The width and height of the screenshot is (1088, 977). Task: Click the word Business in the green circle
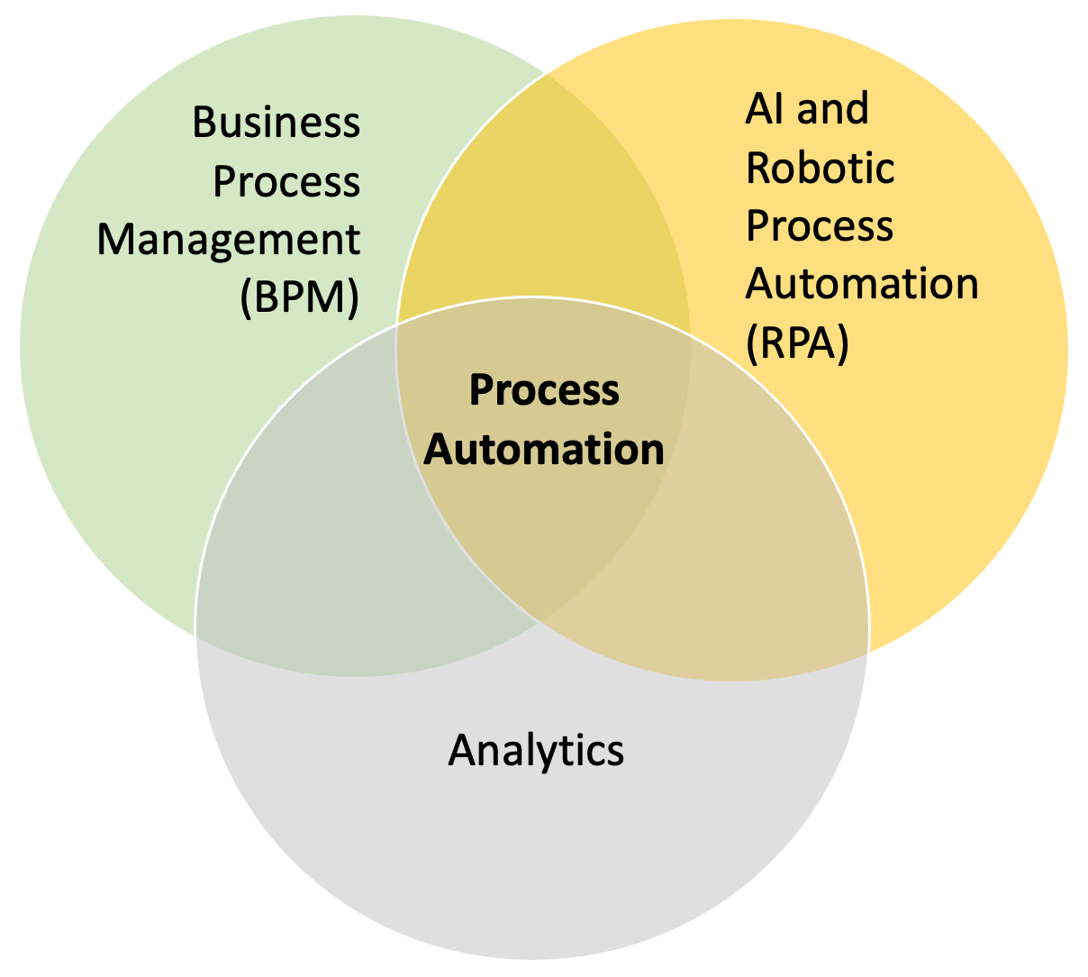(x=277, y=123)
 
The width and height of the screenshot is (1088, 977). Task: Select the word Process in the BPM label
(x=286, y=183)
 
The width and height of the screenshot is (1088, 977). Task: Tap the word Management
(x=229, y=241)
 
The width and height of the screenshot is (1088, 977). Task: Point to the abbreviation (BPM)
(x=300, y=298)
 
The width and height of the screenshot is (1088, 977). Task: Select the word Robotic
(x=821, y=168)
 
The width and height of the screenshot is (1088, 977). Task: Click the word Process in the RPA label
(x=820, y=226)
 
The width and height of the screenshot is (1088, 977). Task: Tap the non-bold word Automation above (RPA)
(x=862, y=284)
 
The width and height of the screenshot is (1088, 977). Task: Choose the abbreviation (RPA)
(x=797, y=342)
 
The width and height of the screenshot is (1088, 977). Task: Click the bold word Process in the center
(x=545, y=391)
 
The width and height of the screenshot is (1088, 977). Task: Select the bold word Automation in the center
(x=545, y=449)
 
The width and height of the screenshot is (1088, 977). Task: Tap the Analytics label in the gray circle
(x=536, y=750)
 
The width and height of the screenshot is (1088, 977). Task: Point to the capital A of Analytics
(x=461, y=750)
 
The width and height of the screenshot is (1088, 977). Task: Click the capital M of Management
(x=117, y=241)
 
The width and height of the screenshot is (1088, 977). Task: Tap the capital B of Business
(x=205, y=123)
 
